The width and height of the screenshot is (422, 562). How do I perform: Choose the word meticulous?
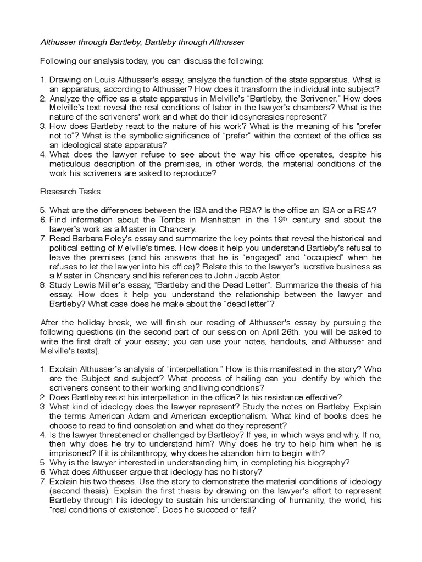[68, 164]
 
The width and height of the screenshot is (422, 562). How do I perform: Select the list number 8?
[43, 285]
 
